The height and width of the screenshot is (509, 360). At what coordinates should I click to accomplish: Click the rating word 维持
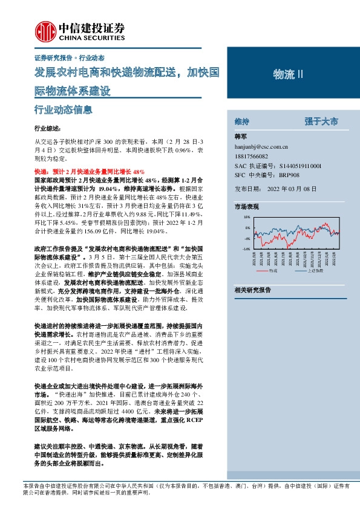(242, 122)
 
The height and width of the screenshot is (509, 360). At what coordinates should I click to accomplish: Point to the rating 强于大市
(322, 122)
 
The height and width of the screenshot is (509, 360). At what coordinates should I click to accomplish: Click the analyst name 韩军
(241, 137)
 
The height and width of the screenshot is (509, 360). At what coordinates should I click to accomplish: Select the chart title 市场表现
(247, 207)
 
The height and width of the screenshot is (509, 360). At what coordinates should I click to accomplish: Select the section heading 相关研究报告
(252, 290)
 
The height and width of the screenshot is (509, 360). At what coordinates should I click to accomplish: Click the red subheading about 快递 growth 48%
(90, 172)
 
